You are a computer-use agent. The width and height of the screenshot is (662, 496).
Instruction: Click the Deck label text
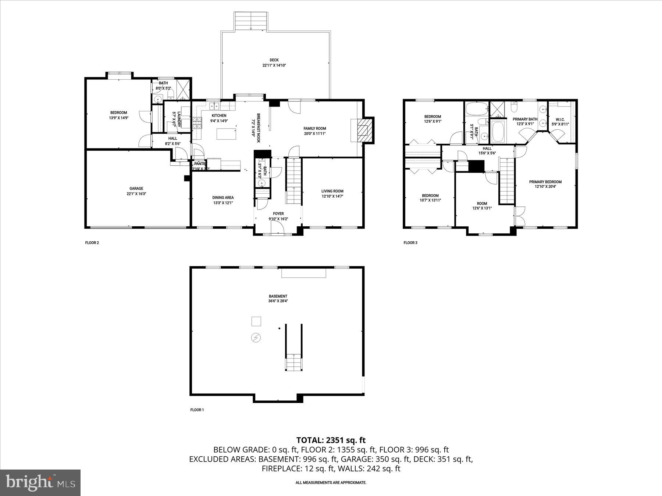click(x=274, y=60)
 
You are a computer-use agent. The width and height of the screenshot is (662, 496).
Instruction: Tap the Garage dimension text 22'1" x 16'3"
click(x=136, y=194)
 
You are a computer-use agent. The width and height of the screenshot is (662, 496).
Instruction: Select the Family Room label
click(x=314, y=128)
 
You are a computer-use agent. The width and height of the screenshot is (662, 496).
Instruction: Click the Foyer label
click(x=278, y=213)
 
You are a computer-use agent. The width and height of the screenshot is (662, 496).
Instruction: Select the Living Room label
click(x=332, y=191)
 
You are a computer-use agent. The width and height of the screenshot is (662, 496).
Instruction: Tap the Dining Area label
click(x=223, y=198)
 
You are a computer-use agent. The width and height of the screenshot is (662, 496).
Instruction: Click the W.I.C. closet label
click(x=560, y=119)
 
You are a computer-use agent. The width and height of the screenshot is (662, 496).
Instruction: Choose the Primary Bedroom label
click(x=545, y=182)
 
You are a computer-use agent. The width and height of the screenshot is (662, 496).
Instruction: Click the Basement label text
click(x=278, y=296)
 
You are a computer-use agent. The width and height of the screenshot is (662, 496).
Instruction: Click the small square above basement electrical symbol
click(x=256, y=321)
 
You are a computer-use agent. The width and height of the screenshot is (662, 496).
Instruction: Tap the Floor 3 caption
click(x=410, y=242)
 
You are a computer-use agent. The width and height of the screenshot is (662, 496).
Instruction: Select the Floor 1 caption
click(x=197, y=410)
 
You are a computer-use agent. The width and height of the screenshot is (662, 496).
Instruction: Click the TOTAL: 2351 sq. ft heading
click(x=331, y=440)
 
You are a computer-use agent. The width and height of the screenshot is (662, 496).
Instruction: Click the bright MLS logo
click(x=40, y=482)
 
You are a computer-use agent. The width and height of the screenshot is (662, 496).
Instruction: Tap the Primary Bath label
click(x=525, y=119)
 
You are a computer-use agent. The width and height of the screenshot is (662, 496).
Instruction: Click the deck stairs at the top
click(x=250, y=21)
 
